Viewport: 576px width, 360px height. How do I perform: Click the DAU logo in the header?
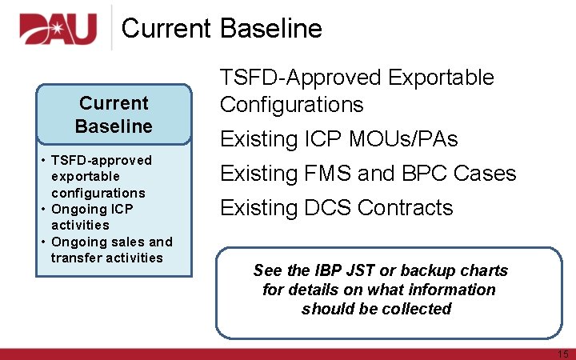point(58,28)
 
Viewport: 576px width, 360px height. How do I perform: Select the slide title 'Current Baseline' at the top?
point(222,29)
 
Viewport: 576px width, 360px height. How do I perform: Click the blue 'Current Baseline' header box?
point(114,114)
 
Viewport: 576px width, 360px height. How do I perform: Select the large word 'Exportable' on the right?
point(441,78)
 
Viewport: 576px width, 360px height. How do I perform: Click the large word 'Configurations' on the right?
point(291,105)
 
